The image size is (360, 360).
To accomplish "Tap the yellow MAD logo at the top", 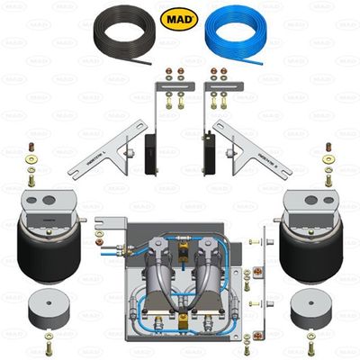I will coord(179,17).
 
